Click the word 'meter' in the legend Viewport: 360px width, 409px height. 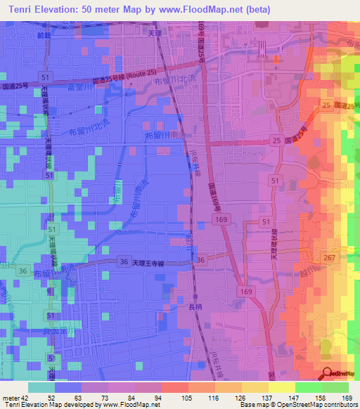[x=11, y=396]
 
